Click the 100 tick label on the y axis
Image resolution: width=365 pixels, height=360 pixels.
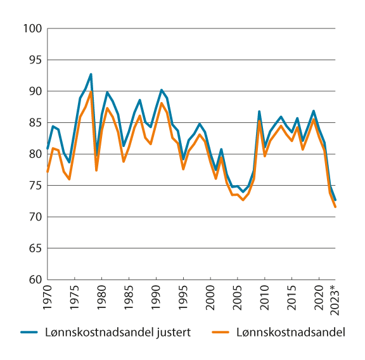[32, 29]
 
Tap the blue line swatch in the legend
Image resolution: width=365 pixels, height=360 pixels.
[29, 332]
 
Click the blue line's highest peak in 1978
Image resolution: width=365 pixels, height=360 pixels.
[91, 74]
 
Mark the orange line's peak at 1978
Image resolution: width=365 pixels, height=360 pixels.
[91, 92]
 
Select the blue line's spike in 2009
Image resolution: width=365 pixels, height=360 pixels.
[259, 112]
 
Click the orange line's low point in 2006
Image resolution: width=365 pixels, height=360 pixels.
[243, 200]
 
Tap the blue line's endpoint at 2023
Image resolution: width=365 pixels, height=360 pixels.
[335, 200]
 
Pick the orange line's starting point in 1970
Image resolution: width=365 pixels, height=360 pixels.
[48, 172]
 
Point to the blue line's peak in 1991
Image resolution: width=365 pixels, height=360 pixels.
[162, 90]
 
